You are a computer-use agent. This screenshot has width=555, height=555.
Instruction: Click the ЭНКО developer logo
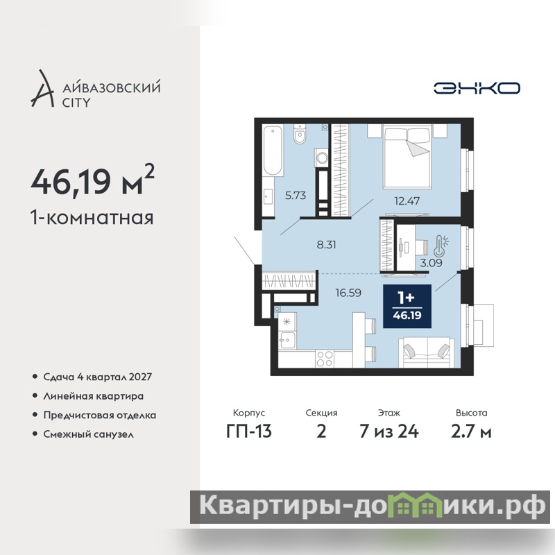tap(477, 88)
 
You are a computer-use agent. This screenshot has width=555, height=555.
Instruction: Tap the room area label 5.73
tap(296, 196)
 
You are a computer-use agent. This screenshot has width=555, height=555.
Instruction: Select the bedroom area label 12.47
tap(407, 201)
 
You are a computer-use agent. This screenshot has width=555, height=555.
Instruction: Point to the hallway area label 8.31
tap(326, 245)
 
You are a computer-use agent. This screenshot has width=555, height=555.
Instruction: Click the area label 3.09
tap(431, 263)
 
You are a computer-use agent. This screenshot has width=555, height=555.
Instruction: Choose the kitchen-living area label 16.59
tap(348, 293)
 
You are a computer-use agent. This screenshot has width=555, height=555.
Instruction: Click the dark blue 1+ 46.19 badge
tap(407, 306)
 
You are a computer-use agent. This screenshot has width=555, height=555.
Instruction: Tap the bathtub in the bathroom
tap(273, 150)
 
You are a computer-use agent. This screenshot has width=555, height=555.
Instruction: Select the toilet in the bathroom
tap(300, 134)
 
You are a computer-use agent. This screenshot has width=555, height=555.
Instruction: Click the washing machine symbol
tap(322, 157)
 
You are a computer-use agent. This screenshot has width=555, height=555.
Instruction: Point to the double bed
tap(407, 155)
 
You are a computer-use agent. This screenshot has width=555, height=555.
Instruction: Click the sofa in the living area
tap(427, 352)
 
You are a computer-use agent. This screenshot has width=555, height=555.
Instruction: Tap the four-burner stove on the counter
tap(325, 359)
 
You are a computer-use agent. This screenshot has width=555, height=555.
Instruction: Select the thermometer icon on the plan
tap(441, 246)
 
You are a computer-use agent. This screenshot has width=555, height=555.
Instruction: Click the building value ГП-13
tap(249, 432)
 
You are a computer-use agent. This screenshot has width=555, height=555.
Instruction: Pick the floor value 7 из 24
tap(389, 432)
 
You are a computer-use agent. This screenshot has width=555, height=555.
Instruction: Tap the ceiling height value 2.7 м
tap(471, 432)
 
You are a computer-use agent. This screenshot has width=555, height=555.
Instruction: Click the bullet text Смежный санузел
tap(89, 434)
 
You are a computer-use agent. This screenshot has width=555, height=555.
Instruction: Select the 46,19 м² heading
tap(93, 181)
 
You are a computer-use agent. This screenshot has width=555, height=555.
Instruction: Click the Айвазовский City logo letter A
tap(43, 88)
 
